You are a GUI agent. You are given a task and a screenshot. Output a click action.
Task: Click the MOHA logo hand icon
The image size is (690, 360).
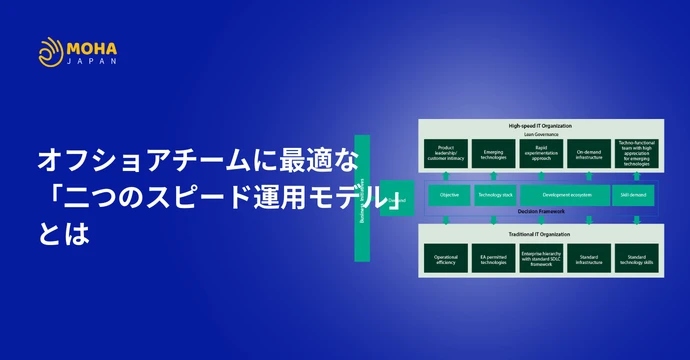[51, 52]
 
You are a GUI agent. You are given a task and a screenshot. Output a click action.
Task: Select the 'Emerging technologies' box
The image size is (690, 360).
[493, 152]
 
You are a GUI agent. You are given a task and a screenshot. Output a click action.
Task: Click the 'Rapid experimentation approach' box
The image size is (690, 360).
[540, 152]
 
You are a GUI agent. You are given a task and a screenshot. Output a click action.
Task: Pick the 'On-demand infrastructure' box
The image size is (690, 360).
[587, 152]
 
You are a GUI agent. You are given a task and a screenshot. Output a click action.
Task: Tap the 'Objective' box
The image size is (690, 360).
[449, 196]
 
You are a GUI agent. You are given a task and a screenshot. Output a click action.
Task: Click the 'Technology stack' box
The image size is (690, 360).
[494, 196]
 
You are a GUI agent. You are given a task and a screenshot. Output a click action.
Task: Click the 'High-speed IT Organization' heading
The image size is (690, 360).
[540, 126]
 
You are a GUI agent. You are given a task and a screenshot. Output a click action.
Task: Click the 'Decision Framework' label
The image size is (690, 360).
[540, 212]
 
